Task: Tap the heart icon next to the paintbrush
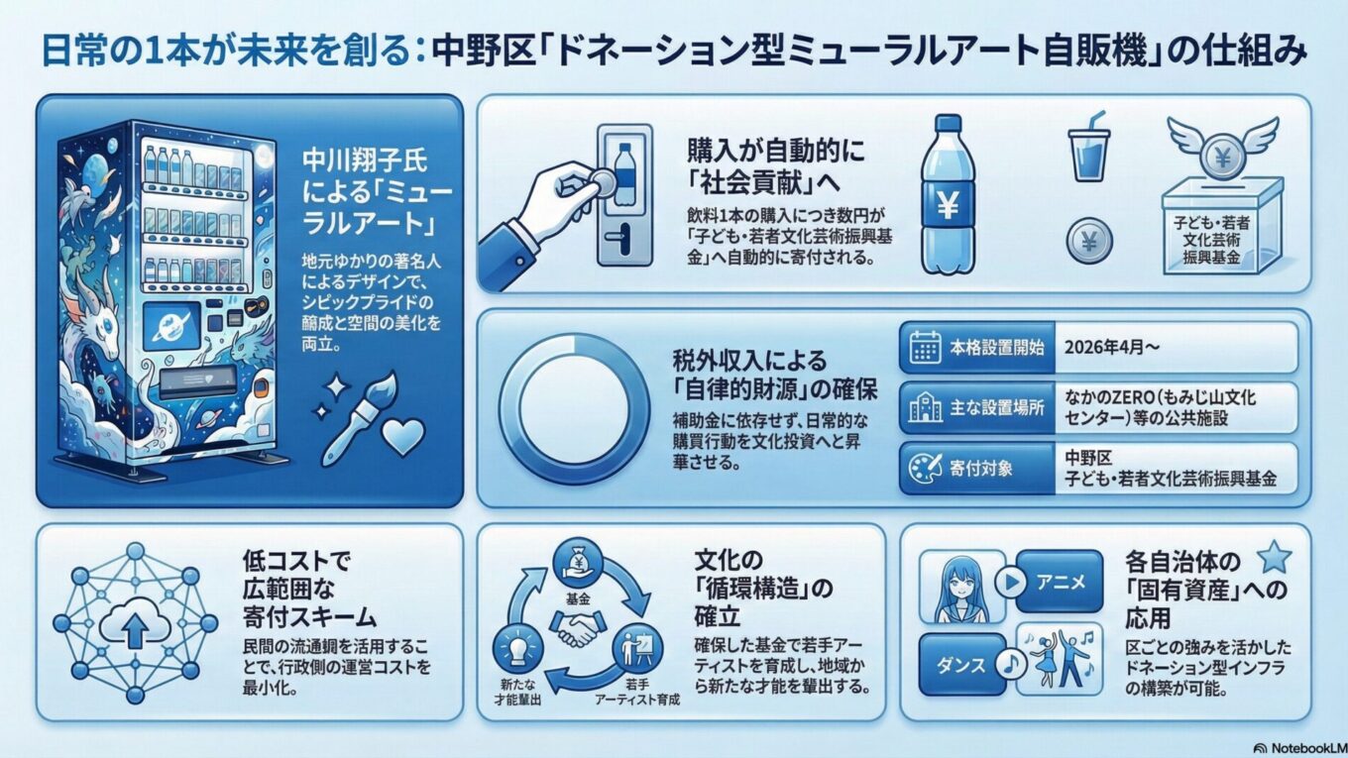tap(403, 437)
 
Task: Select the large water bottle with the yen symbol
tap(947, 194)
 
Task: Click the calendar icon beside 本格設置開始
tap(925, 347)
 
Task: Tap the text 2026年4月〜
tap(1111, 347)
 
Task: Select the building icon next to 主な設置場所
tap(925, 407)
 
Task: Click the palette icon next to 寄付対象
tap(925, 468)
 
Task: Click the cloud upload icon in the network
tap(136, 622)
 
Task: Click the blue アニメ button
tap(1061, 581)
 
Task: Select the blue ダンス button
tap(961, 665)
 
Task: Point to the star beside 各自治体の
tap(1275, 557)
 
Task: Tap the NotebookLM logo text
tap(1302, 748)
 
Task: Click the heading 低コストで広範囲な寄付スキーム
tap(309, 590)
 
